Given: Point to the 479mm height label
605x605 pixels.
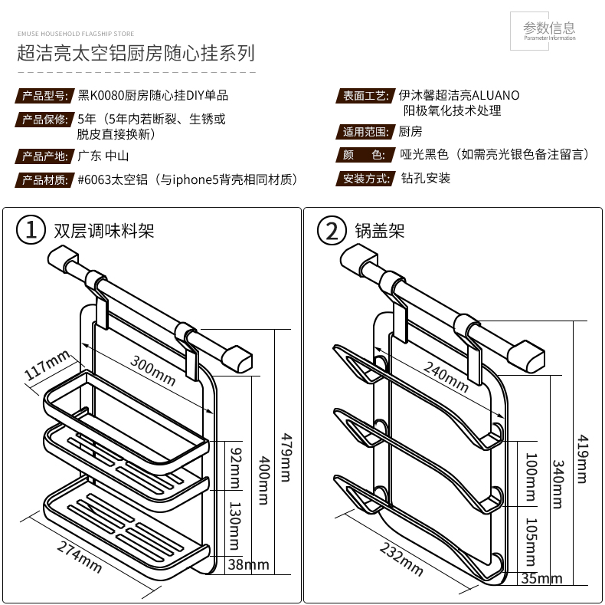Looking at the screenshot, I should point(285,452).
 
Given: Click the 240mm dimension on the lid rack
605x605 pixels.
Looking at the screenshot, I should point(446,375).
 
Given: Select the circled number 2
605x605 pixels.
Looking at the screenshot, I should point(332,229).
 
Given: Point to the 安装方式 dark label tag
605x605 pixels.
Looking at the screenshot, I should point(364,179).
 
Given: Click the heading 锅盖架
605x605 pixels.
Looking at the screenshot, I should point(379,230).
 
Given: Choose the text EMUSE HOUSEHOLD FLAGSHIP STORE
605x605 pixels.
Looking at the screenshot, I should point(76,34).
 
